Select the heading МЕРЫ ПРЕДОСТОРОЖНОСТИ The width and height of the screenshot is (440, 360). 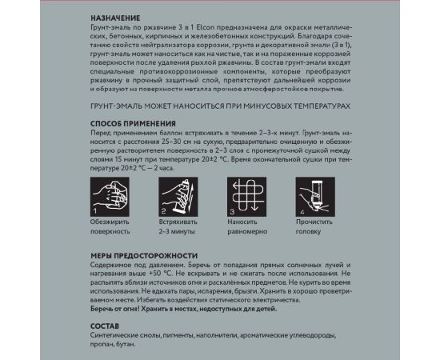pyautogui.click(x=142, y=254)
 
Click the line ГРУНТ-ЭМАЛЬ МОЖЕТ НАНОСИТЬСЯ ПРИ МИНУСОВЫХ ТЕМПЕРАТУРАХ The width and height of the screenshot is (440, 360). pyautogui.click(x=221, y=106)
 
